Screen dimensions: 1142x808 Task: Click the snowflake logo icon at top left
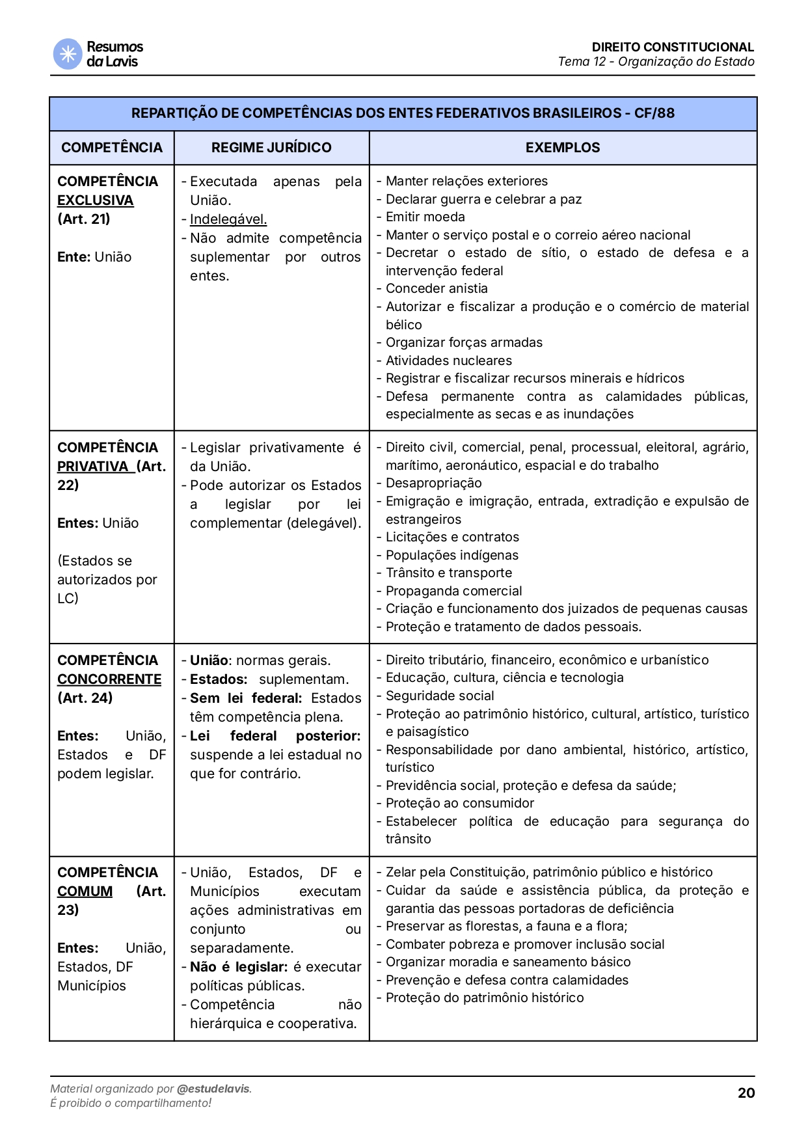tap(67, 54)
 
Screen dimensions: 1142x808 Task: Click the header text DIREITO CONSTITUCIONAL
tap(672, 47)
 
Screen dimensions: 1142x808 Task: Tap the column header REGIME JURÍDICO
tap(271, 148)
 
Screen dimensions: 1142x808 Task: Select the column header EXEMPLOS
tap(563, 148)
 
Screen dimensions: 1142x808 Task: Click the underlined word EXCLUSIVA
tap(96, 200)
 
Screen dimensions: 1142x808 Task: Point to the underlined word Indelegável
tap(228, 219)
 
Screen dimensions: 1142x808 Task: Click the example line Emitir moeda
tap(425, 217)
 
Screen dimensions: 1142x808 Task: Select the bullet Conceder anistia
tap(437, 289)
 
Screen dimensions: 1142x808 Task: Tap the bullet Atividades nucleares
tap(448, 360)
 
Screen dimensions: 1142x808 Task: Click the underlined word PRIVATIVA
tap(93, 467)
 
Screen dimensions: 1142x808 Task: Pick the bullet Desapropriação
tap(433, 483)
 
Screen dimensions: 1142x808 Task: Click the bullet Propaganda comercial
tap(453, 591)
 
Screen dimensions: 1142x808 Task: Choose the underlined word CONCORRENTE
tap(109, 679)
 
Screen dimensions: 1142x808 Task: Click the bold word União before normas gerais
tap(209, 660)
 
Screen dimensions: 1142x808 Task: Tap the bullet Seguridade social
tap(440, 696)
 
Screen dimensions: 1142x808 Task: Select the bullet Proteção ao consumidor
tap(459, 803)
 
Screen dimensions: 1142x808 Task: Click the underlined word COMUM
tap(85, 891)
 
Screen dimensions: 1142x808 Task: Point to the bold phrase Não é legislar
tap(238, 967)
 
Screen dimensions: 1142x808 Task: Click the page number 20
tap(746, 1093)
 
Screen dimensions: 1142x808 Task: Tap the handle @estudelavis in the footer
tap(213, 1089)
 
